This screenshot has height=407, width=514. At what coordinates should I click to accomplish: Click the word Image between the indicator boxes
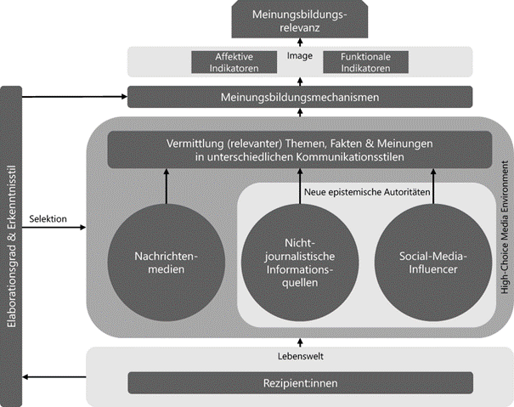click(300, 58)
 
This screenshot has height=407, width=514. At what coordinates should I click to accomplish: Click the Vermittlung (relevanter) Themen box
click(299, 150)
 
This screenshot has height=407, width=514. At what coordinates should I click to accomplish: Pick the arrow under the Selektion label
click(55, 228)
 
